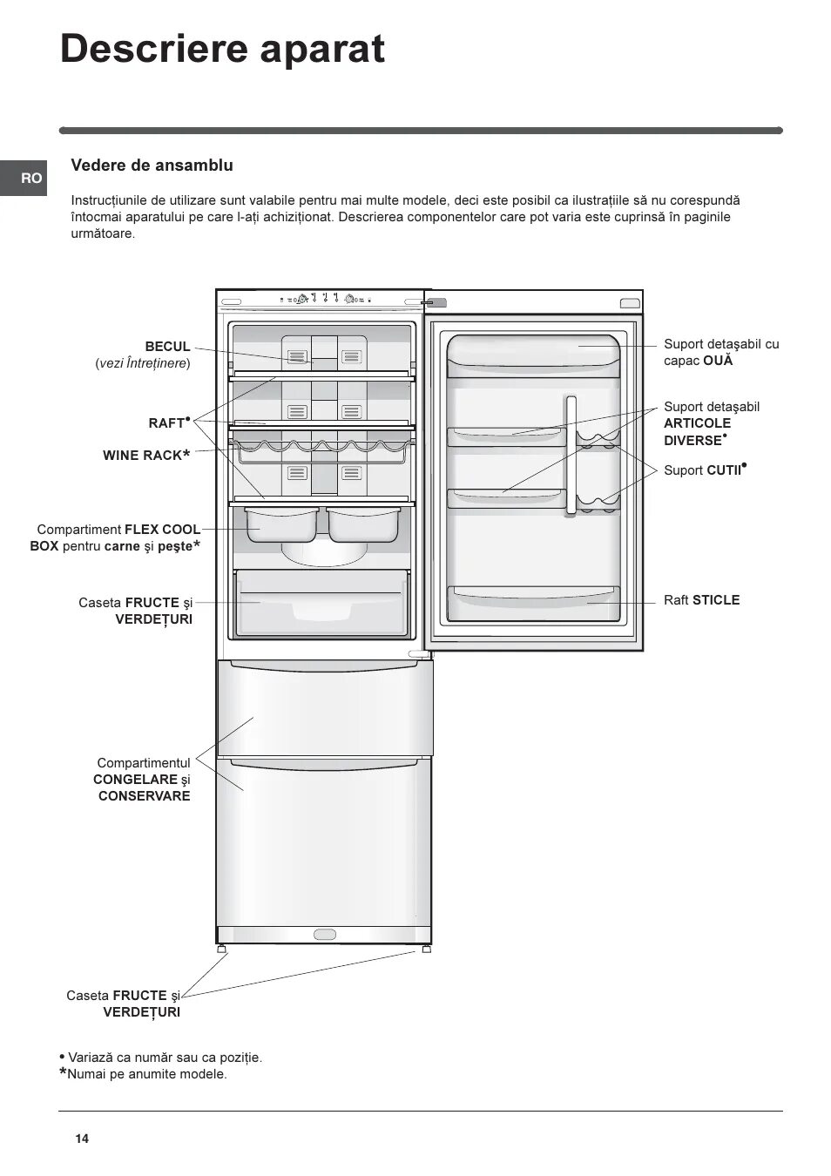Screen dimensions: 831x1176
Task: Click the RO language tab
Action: tap(31, 179)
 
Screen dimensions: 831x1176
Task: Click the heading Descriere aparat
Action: tap(222, 50)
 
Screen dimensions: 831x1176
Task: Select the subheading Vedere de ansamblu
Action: tap(152, 166)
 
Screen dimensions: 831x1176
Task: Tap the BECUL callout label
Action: tap(167, 347)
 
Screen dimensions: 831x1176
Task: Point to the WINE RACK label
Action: tap(142, 456)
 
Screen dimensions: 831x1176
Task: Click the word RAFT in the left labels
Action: tap(166, 423)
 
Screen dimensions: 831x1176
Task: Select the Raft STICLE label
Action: tap(701, 600)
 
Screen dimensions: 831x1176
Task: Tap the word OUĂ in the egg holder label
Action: tap(718, 361)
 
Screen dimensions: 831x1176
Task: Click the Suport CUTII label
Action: tap(704, 470)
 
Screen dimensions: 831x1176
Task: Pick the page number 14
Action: tap(82, 1139)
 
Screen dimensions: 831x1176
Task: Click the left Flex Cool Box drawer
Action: tap(277, 524)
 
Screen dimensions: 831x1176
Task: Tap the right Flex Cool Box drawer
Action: tap(363, 524)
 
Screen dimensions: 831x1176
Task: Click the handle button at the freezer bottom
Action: tap(324, 935)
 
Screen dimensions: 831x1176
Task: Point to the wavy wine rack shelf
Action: tap(321, 447)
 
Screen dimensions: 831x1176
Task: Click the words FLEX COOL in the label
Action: tap(162, 530)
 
